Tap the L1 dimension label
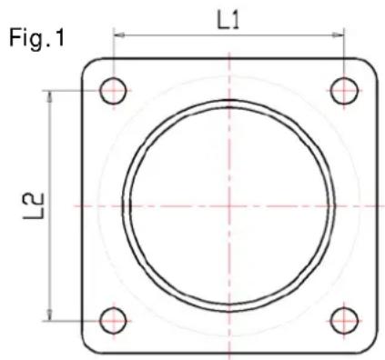[x=229, y=20]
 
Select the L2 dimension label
[x=32, y=205]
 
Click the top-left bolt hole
[x=114, y=90]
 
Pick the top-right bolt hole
[x=344, y=90]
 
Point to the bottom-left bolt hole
[x=114, y=319]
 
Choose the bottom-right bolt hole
[x=344, y=319]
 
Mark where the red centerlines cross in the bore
[x=229, y=205]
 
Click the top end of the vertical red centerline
[x=229, y=48]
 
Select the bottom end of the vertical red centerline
[x=229, y=357]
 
